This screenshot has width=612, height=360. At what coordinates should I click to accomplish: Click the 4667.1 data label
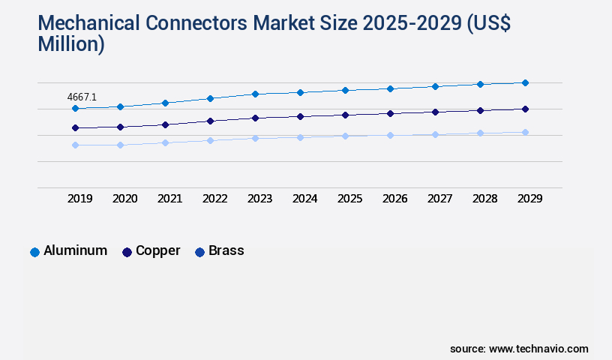tap(82, 97)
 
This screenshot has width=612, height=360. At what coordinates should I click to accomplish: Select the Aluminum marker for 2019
tap(75, 108)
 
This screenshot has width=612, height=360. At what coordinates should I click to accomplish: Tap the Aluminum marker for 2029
tap(525, 82)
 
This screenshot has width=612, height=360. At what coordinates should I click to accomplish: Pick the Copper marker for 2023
tap(255, 118)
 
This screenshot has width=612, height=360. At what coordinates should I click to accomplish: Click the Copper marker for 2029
tap(525, 109)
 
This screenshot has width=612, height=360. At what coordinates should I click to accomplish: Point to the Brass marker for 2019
tap(75, 145)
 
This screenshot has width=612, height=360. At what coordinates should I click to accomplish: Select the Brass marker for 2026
tap(390, 135)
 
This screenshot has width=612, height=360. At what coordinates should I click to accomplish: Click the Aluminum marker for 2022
tap(210, 98)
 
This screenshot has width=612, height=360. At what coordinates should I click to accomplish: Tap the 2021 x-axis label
tap(169, 199)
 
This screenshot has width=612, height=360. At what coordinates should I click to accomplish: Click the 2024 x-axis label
tap(304, 199)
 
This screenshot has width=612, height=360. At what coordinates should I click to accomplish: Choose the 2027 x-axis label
tap(439, 199)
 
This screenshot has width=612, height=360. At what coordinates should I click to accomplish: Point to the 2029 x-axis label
tap(529, 199)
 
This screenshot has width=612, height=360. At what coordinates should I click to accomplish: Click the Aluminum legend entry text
tap(75, 250)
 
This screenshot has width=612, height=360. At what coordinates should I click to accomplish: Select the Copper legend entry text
tap(157, 250)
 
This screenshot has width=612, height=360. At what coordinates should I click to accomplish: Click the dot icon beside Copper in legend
tap(127, 252)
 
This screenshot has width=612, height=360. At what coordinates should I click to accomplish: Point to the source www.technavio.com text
tap(519, 349)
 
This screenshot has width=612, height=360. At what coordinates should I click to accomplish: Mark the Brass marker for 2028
tap(480, 133)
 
